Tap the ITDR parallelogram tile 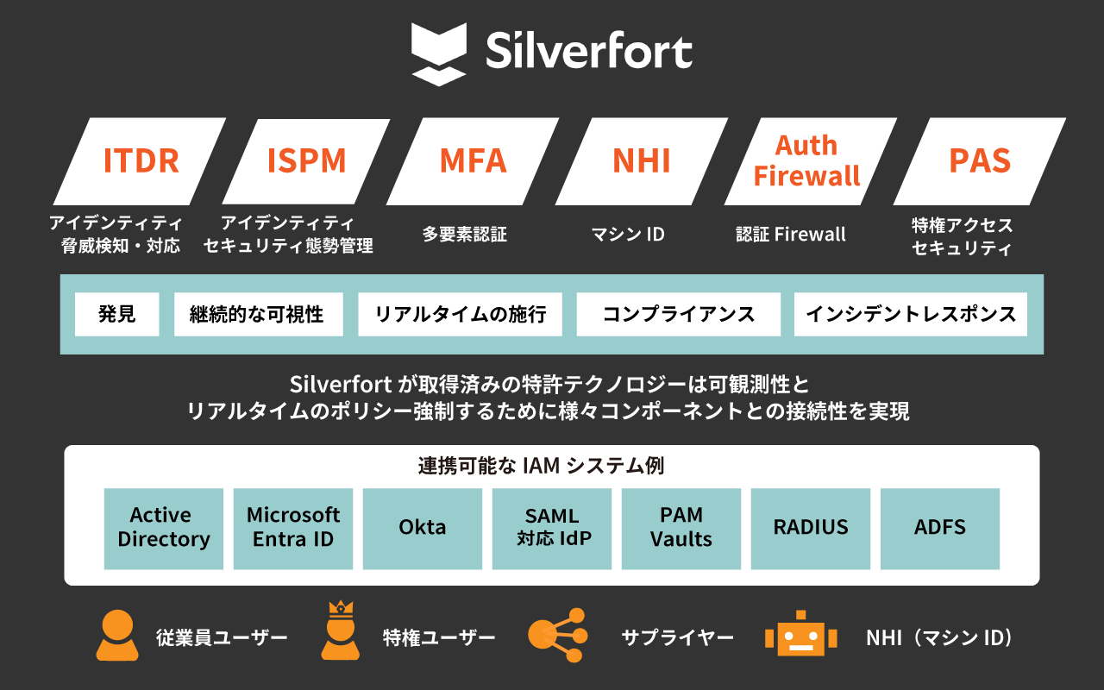click(141, 161)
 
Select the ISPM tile click(306, 161)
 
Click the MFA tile click(473, 161)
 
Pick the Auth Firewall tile click(806, 161)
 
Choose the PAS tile click(979, 161)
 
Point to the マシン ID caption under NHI click(628, 234)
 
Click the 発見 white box click(117, 314)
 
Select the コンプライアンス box click(678, 314)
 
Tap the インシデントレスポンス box click(911, 314)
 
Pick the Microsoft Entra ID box click(293, 528)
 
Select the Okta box click(423, 528)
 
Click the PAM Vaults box click(681, 528)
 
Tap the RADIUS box click(811, 528)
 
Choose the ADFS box click(940, 528)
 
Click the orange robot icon click(800, 636)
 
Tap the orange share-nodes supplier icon click(557, 636)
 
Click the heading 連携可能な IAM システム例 click(541, 467)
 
